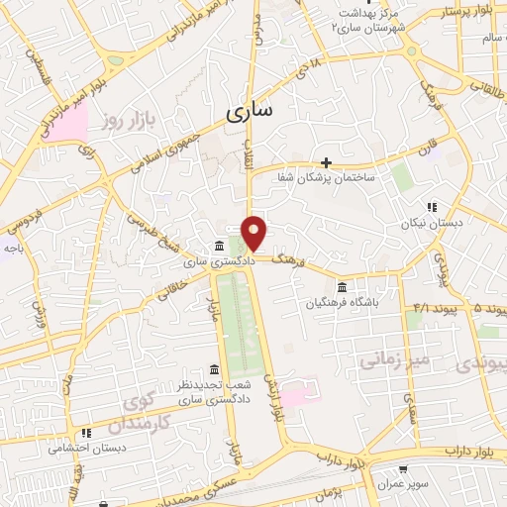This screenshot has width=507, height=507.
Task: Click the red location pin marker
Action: tap(254, 232)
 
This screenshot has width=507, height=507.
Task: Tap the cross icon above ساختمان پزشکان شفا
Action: tap(326, 161)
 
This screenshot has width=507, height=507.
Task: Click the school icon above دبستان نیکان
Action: tap(431, 207)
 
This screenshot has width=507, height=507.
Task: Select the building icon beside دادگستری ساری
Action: tap(220, 246)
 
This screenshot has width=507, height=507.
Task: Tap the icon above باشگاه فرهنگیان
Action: tap(343, 286)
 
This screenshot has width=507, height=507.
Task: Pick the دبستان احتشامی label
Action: tap(87, 448)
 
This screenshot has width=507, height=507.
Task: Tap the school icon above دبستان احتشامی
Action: tap(87, 433)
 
